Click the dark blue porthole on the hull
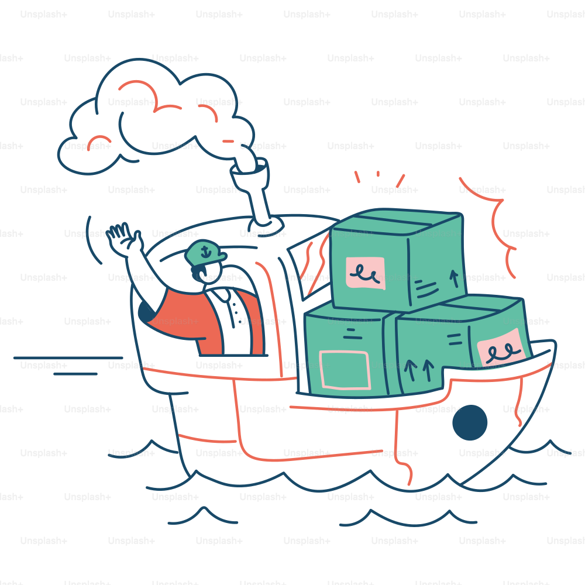pos(470,422)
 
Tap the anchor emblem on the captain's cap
pos(205,253)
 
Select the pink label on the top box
pos(365,273)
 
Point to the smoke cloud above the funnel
pos(157,116)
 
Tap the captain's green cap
pos(205,253)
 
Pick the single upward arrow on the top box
pos(454,278)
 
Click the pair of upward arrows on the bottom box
pos(419,370)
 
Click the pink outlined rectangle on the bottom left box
pos(345,370)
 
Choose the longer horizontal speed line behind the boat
pos(68,358)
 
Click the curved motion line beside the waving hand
pos(92,240)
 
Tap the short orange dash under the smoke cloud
pos(228,142)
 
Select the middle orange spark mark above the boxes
pos(378,174)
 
